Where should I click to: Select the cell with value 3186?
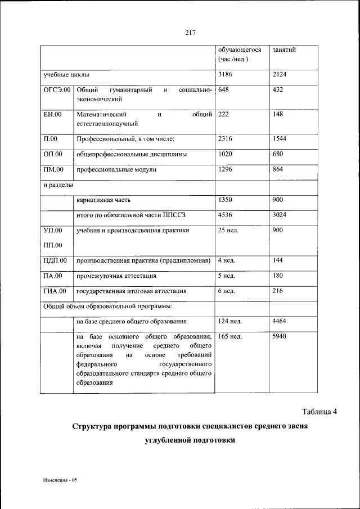tap(225, 74)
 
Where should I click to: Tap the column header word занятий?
tap(284, 50)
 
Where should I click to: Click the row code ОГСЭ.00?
tap(57, 90)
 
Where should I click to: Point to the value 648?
tap(223, 90)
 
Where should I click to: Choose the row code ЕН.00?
tap(52, 115)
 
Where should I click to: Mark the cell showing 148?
tap(277, 115)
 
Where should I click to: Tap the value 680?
tap(277, 154)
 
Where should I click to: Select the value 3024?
tap(279, 215)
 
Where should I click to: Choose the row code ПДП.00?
tap(55, 260)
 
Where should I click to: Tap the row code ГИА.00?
tap(55, 291)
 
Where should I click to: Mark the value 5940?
tap(279, 336)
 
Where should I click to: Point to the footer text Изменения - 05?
tap(62, 481)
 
